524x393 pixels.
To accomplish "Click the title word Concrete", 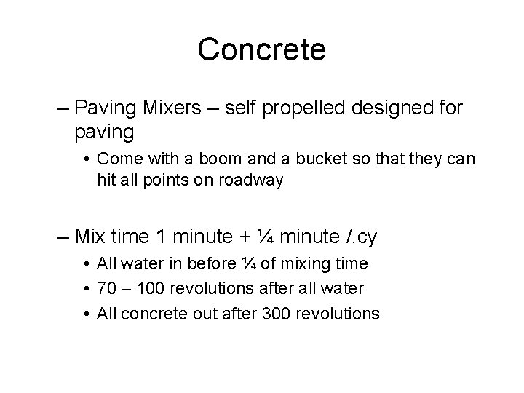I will [x=261, y=49].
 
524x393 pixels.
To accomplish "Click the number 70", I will [x=105, y=289].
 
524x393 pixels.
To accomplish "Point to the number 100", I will [x=146, y=289].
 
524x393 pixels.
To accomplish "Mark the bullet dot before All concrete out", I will [x=87, y=314].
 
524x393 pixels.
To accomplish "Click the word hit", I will [x=106, y=180].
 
